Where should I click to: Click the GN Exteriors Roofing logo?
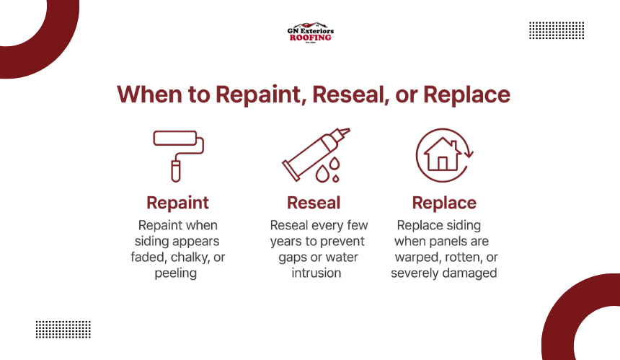pyautogui.click(x=311, y=32)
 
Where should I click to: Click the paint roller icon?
pyautogui.click(x=178, y=156)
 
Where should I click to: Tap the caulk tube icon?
pyautogui.click(x=316, y=155)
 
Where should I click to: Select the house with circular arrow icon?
pyautogui.click(x=444, y=155)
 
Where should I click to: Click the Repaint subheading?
pyautogui.click(x=177, y=203)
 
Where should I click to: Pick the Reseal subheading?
pyautogui.click(x=314, y=203)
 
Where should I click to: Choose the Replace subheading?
pyautogui.click(x=444, y=203)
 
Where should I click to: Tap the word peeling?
pyautogui.click(x=176, y=273)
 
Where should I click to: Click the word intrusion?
pyautogui.click(x=316, y=273)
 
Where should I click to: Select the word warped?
pyautogui.click(x=418, y=258)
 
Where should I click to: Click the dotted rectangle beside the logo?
pyautogui.click(x=557, y=30)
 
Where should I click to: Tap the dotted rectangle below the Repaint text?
pyautogui.click(x=63, y=330)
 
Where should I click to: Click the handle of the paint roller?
pyautogui.click(x=176, y=171)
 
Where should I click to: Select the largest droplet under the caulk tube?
pyautogui.click(x=322, y=173)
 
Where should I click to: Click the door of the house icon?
pyautogui.click(x=443, y=163)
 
